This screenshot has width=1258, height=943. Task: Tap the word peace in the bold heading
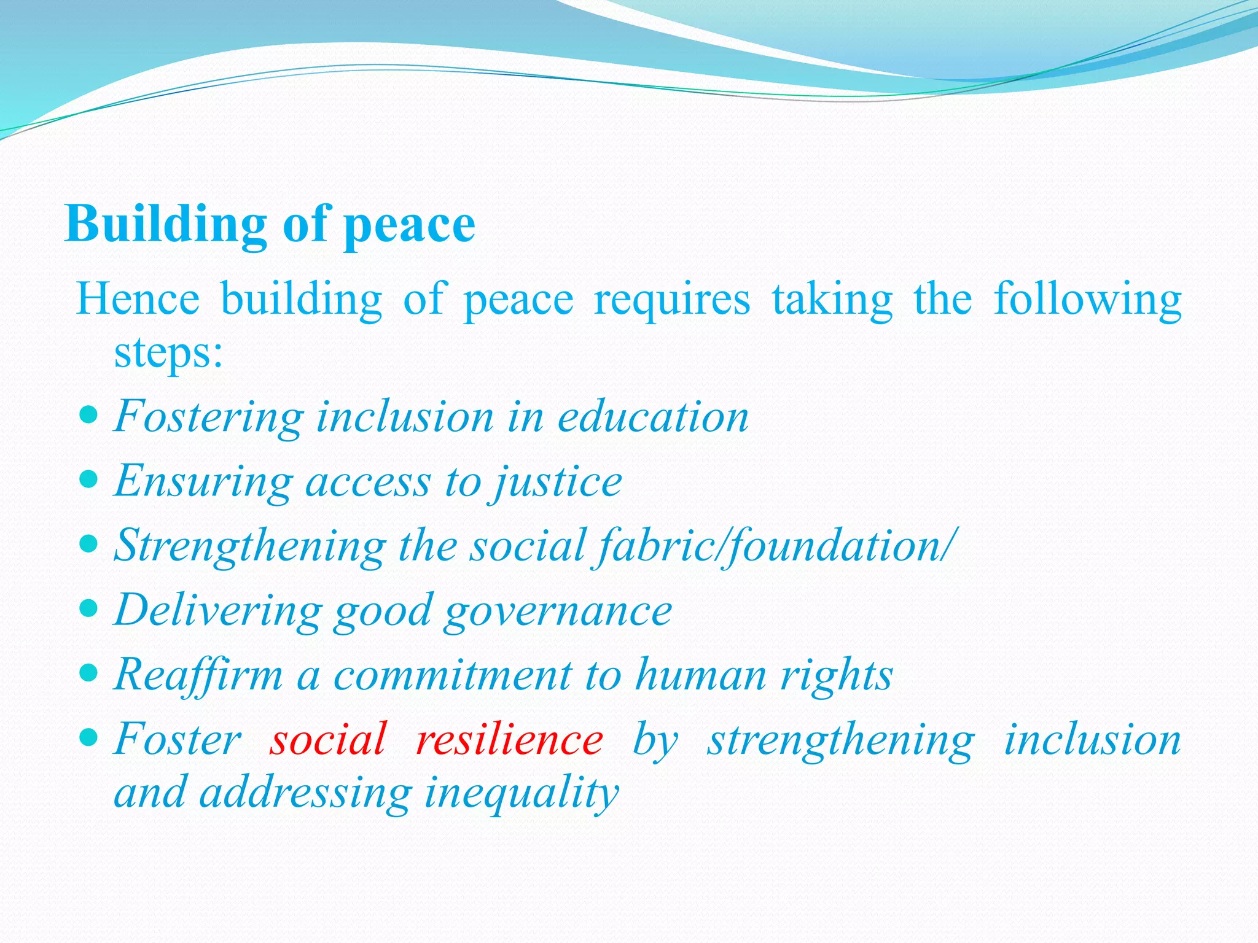coord(410,226)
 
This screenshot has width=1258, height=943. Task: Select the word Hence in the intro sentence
coord(138,300)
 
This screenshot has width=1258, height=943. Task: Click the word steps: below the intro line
coord(168,354)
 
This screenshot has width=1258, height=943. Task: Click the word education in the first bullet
coord(653,417)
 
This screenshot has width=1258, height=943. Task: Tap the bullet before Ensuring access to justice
coord(89,479)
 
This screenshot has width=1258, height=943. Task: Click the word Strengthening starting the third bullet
coord(250,546)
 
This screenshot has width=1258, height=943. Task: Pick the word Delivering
coord(218,611)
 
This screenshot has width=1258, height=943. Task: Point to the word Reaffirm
coord(198,675)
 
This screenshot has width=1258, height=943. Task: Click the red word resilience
coord(510,739)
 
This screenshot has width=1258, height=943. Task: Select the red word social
coord(329,739)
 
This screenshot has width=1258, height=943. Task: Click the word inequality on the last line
coord(522,793)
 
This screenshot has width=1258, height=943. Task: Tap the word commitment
coord(452,675)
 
